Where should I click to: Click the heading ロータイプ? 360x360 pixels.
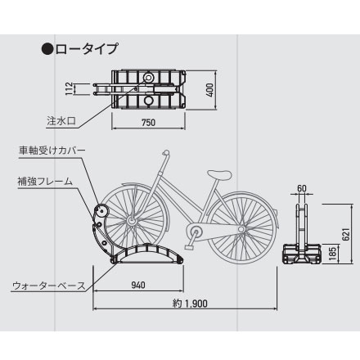pyautogui.click(x=87, y=49)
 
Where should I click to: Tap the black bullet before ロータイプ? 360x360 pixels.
pyautogui.click(x=47, y=49)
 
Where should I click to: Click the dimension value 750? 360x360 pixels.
pyautogui.click(x=148, y=123)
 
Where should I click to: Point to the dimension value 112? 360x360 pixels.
pyautogui.click(x=70, y=88)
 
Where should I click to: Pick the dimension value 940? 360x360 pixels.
pyautogui.click(x=138, y=286)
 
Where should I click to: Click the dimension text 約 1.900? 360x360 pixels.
pyautogui.click(x=190, y=304)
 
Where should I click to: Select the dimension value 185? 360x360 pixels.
pyautogui.click(x=333, y=253)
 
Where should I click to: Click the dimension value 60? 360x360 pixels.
pyautogui.click(x=302, y=188)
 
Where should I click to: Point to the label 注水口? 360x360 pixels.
pyautogui.click(x=61, y=121)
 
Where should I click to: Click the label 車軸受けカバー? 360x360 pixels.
pyautogui.click(x=52, y=151)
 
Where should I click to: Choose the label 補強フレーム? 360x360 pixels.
pyautogui.click(x=45, y=182)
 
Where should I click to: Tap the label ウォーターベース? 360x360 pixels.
pyautogui.click(x=49, y=286)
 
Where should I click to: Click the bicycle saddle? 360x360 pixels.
pyautogui.click(x=219, y=175)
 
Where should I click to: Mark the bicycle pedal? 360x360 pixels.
pyautogui.click(x=189, y=247)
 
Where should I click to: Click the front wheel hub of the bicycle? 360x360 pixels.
pyautogui.click(x=131, y=221)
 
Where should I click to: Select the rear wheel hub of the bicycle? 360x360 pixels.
pyautogui.click(x=241, y=228)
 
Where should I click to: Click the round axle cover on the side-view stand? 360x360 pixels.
pyautogui.click(x=101, y=210)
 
